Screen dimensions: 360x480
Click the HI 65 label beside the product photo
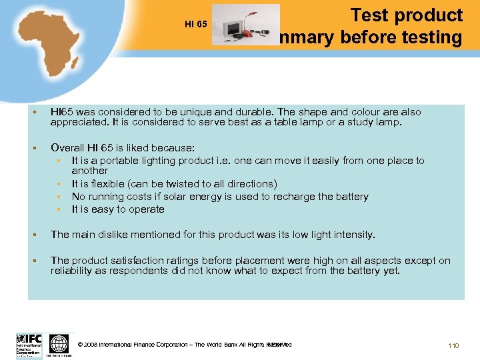[196, 25]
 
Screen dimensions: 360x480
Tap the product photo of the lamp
[245, 25]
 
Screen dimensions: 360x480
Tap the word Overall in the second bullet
[68, 148]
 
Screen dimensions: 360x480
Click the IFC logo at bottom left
[29, 344]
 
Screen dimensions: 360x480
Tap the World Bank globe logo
[59, 343]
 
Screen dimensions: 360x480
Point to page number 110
[453, 345]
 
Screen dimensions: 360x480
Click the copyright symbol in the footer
[81, 345]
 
